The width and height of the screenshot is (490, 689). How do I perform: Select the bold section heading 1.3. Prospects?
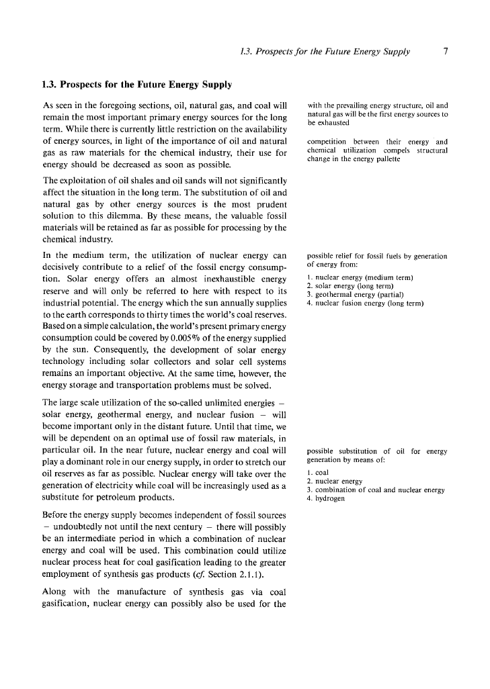136,85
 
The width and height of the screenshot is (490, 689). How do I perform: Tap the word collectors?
171,361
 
